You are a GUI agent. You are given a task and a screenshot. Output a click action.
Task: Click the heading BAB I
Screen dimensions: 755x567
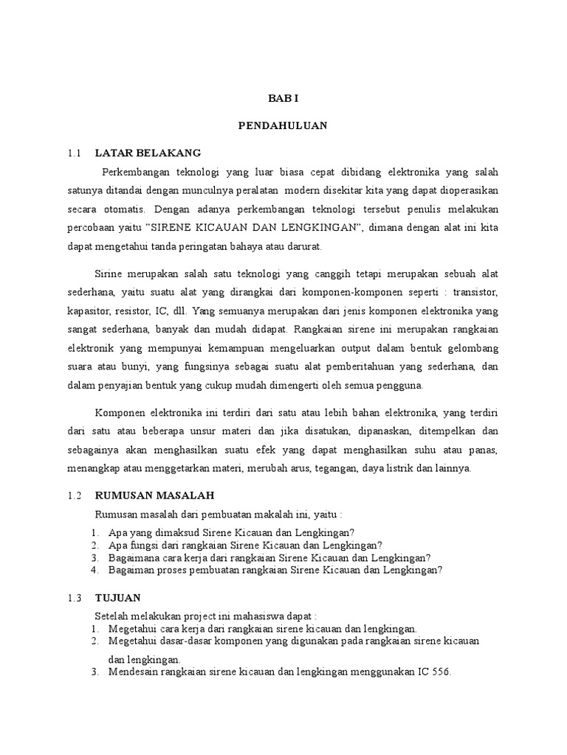point(283,98)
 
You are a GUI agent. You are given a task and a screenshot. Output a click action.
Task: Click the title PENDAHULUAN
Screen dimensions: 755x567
point(283,125)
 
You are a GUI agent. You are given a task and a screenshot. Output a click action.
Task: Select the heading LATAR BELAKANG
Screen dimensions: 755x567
point(148,153)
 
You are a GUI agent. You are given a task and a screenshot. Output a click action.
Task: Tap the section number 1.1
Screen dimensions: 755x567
point(72,153)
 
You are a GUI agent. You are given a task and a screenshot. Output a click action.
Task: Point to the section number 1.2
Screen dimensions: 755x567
point(72,495)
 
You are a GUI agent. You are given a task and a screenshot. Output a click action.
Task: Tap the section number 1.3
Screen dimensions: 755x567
point(72,596)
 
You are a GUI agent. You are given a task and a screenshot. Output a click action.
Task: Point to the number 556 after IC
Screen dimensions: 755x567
point(440,672)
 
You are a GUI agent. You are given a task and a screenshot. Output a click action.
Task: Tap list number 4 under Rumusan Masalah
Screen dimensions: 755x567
point(94,570)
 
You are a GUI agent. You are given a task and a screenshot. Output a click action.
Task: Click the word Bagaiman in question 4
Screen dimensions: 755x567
point(129,570)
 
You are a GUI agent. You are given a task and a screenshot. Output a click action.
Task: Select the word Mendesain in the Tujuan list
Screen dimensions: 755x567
point(133,672)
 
